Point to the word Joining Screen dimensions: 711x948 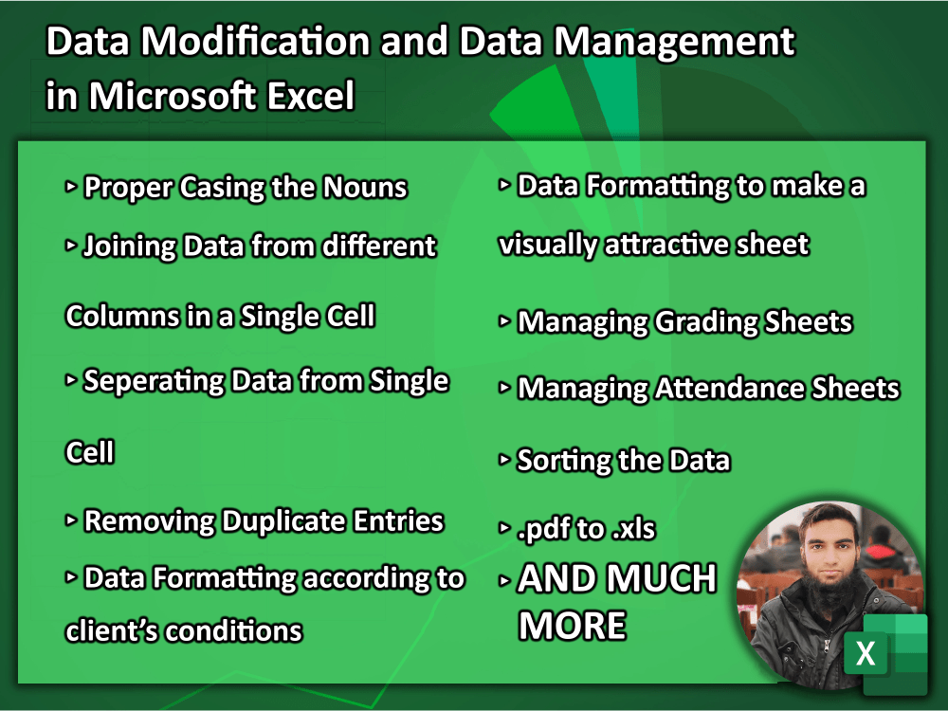click(x=129, y=246)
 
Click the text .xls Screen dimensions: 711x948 click(x=632, y=529)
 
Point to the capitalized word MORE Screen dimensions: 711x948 click(x=572, y=626)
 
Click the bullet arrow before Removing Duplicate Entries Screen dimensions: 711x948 click(x=71, y=520)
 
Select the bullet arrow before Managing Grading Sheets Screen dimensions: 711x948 click(x=504, y=322)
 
